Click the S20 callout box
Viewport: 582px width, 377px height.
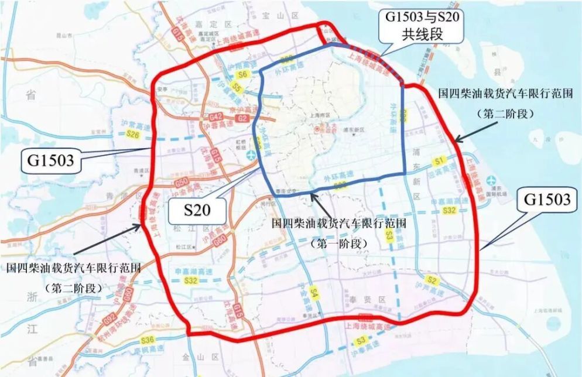(197, 209)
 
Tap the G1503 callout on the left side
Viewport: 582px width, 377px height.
(50, 159)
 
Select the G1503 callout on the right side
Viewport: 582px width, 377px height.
(546, 200)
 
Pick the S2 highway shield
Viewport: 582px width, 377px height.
(432, 280)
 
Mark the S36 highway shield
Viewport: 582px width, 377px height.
(147, 340)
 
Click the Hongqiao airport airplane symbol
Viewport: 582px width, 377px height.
(251, 155)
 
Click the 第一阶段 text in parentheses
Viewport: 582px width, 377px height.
(340, 242)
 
